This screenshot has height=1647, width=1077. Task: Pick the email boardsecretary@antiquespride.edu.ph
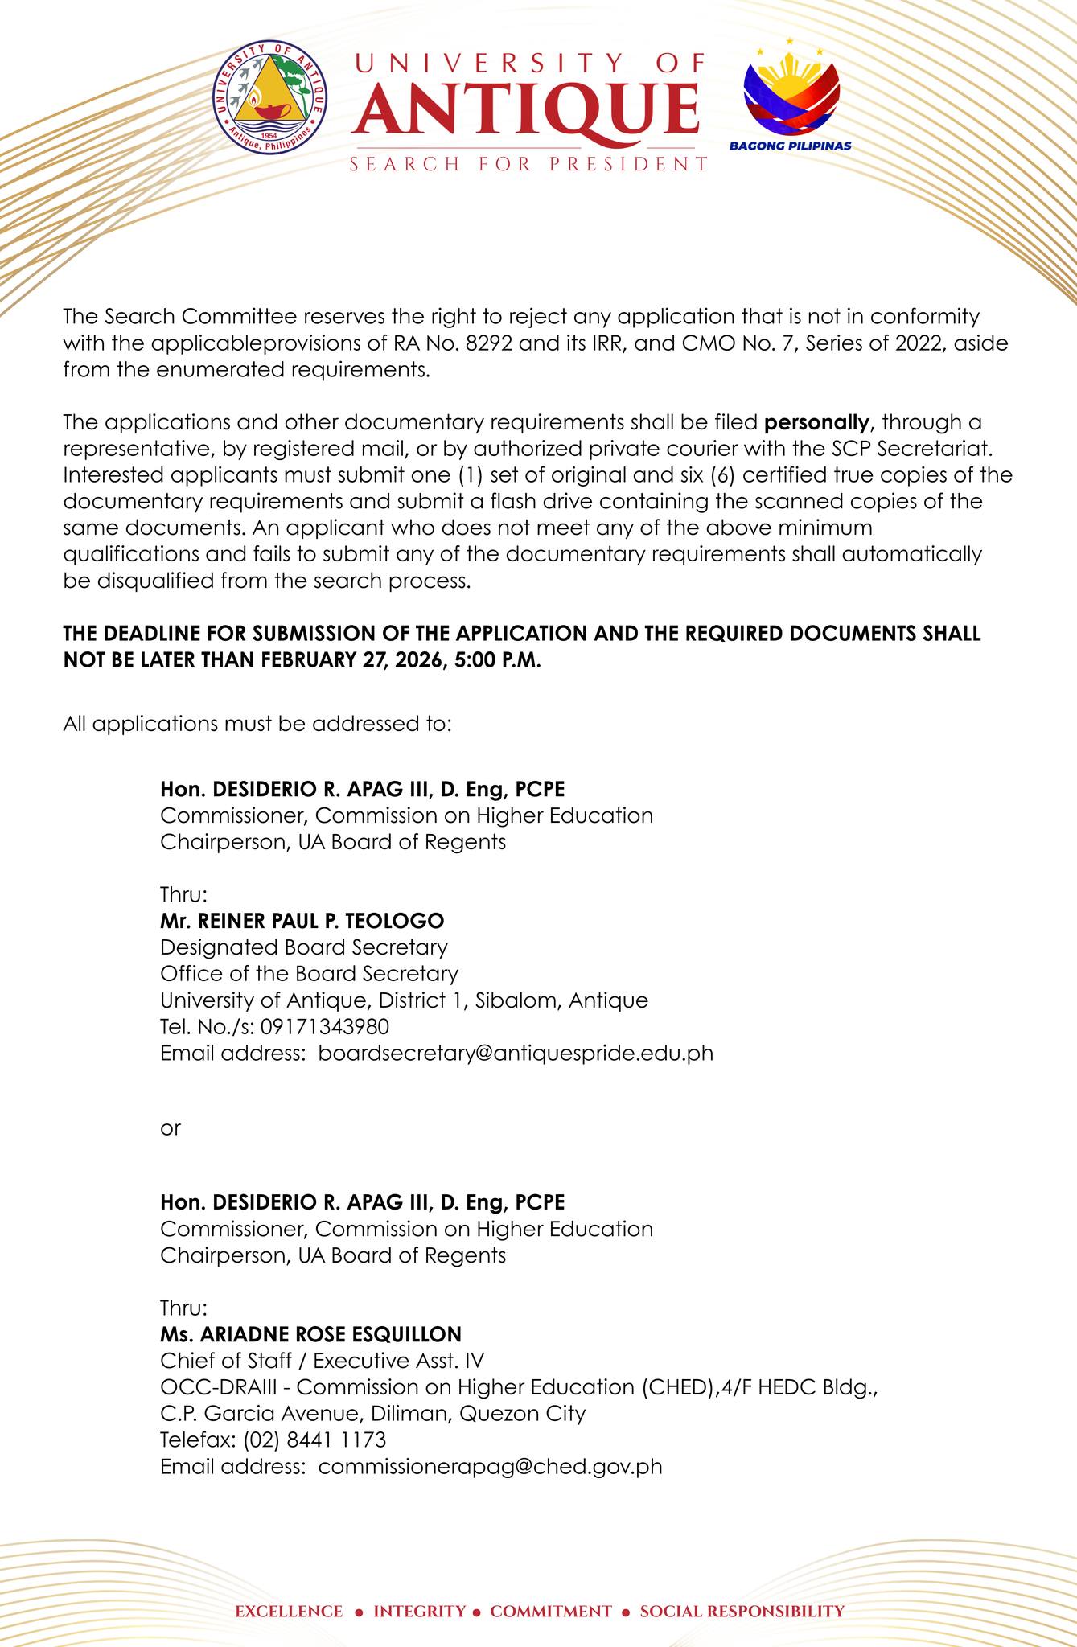[x=516, y=1053]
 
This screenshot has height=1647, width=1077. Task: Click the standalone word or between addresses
[x=171, y=1127]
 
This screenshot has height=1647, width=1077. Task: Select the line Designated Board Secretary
[x=304, y=947]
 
